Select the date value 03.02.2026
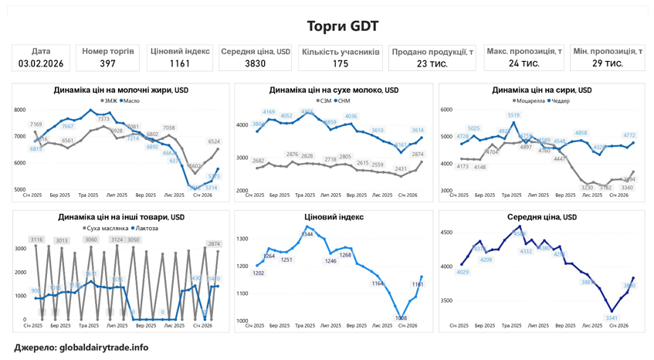(x=41, y=64)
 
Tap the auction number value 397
(x=108, y=64)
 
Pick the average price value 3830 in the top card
(x=255, y=64)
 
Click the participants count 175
(x=341, y=64)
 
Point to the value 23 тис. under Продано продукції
(x=432, y=64)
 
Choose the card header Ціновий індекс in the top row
(x=180, y=51)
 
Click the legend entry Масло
(x=131, y=101)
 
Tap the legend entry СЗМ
(x=326, y=101)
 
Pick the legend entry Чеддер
(x=561, y=101)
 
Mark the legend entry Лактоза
(x=147, y=229)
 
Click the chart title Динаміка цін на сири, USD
(x=542, y=90)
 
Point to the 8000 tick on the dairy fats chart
(x=20, y=110)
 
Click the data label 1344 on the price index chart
(x=307, y=234)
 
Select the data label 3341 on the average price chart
(x=612, y=318)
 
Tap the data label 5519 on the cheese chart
(x=513, y=115)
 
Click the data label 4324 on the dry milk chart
(x=307, y=112)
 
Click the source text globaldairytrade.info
(x=103, y=348)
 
